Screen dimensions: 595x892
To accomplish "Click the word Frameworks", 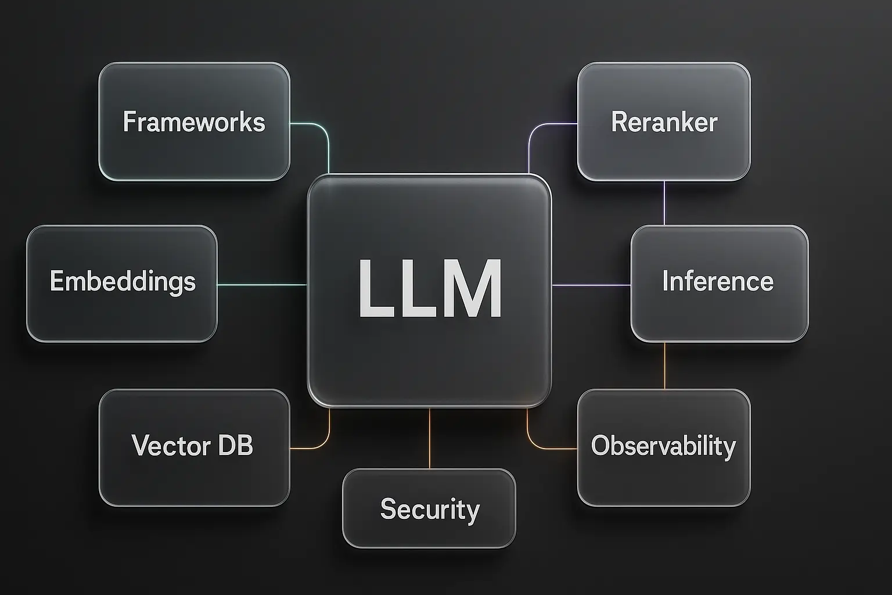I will pyautogui.click(x=194, y=122).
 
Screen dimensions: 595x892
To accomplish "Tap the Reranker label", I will pyautogui.click(x=664, y=122).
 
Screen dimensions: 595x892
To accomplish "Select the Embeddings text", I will pyautogui.click(x=123, y=282).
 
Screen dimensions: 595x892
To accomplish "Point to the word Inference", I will pyautogui.click(x=718, y=281).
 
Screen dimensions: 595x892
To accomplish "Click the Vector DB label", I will pyautogui.click(x=192, y=446).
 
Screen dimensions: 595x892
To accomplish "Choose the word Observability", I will pyautogui.click(x=663, y=446).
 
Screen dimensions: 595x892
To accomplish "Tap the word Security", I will pyautogui.click(x=430, y=509).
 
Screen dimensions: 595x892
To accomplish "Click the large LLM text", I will pyautogui.click(x=430, y=289).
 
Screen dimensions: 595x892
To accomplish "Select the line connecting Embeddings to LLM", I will pyautogui.click(x=262, y=285).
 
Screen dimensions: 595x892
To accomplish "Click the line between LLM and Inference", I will pyautogui.click(x=591, y=285).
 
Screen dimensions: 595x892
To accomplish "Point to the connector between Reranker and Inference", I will pyautogui.click(x=664, y=203).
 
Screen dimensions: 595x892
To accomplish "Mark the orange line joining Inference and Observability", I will pyautogui.click(x=664, y=365).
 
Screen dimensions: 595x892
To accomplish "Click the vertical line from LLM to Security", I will pyautogui.click(x=430, y=438).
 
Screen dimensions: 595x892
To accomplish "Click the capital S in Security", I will pyautogui.click(x=388, y=509).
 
